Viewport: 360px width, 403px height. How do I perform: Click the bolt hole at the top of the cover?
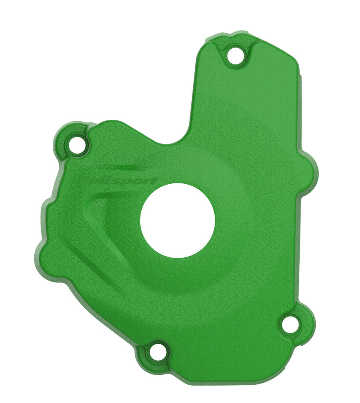(x=236, y=55)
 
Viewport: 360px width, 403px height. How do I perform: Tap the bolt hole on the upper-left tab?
(x=77, y=144)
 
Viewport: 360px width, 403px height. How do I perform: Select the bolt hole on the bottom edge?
(x=158, y=351)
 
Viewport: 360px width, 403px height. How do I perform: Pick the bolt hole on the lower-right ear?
(x=291, y=324)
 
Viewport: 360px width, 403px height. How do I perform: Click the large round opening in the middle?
(x=178, y=220)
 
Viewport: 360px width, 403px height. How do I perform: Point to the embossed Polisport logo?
(x=115, y=180)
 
